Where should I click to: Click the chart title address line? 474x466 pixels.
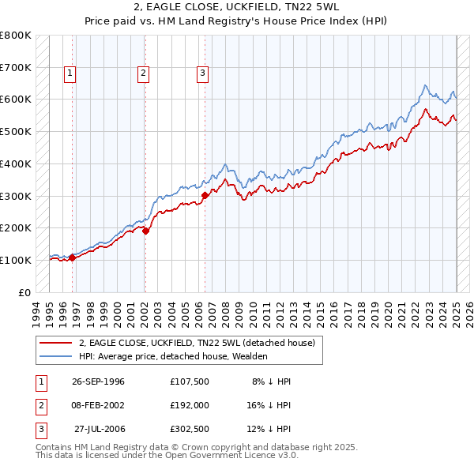[x=236, y=9]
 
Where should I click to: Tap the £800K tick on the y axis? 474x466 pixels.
[x=16, y=36]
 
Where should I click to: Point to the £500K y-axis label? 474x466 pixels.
[x=16, y=131]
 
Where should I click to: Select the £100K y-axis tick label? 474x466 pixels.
[x=16, y=260]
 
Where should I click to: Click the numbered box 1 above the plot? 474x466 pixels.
[x=70, y=73]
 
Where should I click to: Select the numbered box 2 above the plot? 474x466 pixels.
[x=143, y=73]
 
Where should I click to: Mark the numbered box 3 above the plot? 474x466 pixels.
[x=202, y=73]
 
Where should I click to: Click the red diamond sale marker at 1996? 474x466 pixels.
[x=72, y=257]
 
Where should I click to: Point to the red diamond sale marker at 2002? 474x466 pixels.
[x=145, y=230]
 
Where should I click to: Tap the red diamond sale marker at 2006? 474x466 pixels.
[x=205, y=194]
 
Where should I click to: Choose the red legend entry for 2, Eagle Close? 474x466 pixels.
[x=197, y=343]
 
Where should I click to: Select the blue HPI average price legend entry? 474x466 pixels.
[x=173, y=356]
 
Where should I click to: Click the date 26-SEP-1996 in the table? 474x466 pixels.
[x=98, y=381]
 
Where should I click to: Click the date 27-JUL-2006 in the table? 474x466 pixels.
[x=98, y=429]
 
